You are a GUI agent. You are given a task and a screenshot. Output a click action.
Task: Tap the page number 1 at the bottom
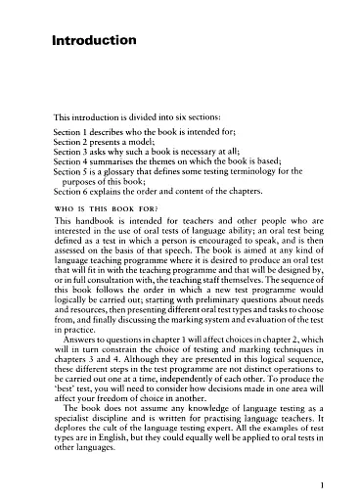click(x=334, y=482)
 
